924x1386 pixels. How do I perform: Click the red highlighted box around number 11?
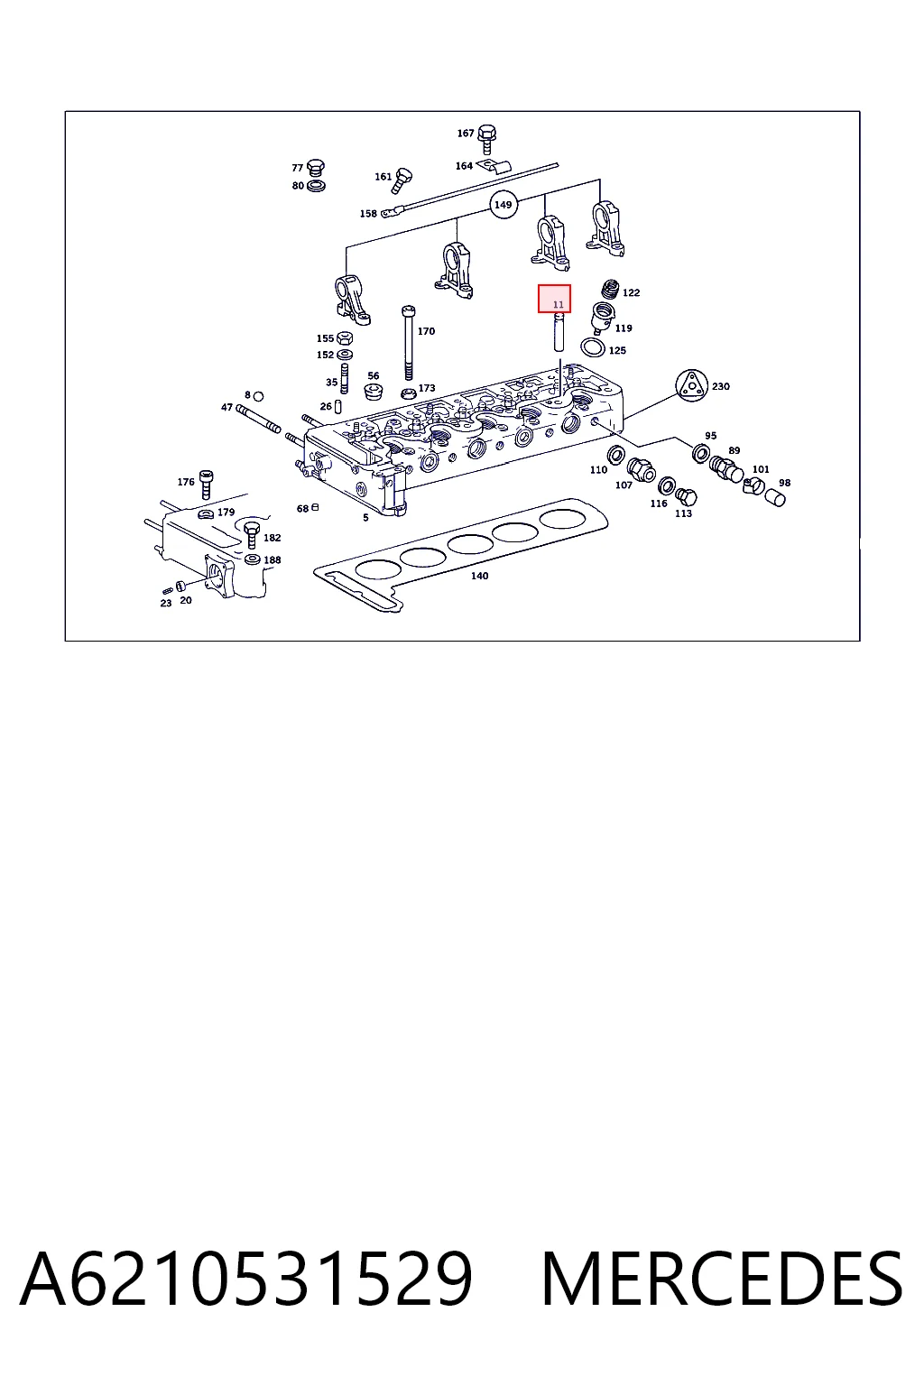(554, 299)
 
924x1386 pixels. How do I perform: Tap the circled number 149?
(504, 205)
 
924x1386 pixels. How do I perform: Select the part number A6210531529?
(246, 1279)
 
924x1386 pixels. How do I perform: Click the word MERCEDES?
(722, 1279)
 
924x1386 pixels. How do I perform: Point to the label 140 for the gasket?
(480, 576)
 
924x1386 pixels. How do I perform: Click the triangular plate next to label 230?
(690, 385)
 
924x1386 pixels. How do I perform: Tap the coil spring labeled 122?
(611, 289)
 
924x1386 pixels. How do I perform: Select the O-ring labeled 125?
(593, 347)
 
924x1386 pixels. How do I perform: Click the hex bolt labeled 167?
(487, 137)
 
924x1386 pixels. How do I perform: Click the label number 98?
(784, 483)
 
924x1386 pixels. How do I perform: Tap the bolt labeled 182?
(252, 534)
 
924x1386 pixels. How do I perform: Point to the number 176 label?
(186, 482)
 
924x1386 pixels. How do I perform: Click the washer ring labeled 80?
(316, 186)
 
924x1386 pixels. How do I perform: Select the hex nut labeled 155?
(345, 337)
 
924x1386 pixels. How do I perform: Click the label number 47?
(226, 407)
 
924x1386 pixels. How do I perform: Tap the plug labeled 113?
(686, 497)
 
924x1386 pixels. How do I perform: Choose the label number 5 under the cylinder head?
(365, 517)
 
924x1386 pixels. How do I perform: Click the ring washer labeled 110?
(615, 456)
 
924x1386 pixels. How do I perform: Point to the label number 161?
(383, 177)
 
